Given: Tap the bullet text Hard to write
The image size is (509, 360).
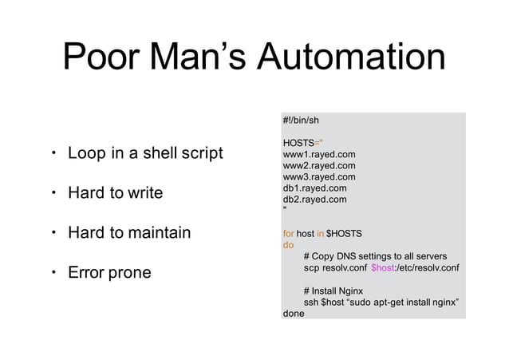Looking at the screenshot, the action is [115, 193].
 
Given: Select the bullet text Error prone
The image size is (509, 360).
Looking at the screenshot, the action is [109, 274].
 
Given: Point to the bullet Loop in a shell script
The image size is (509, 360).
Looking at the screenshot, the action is [144, 152].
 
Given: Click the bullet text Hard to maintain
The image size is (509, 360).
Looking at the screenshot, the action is [128, 233].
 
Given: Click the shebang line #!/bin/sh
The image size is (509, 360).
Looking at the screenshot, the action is [301, 120].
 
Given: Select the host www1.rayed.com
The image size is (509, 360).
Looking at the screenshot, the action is [319, 154].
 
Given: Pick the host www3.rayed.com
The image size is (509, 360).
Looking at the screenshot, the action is [319, 176].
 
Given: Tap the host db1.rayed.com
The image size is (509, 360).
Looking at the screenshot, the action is [314, 188].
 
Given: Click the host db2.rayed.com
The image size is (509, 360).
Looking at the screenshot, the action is [314, 200].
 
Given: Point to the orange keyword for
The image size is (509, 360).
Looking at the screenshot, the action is [288, 234].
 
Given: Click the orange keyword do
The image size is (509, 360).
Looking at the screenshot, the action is [288, 245].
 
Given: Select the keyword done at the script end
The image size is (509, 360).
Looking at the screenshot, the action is [294, 314].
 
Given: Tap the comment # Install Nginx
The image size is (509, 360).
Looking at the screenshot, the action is [333, 291].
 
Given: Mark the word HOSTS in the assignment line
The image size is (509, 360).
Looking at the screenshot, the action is [298, 142].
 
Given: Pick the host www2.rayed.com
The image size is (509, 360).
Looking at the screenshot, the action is [319, 165].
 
